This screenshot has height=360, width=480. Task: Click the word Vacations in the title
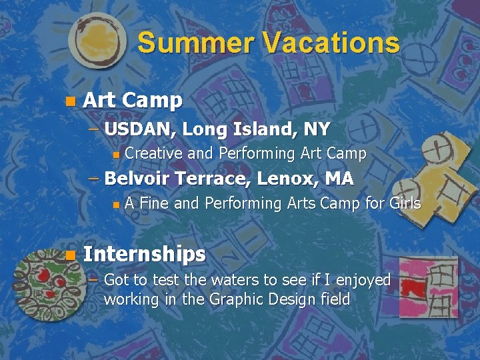coord(331,43)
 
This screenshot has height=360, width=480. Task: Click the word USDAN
coord(139,128)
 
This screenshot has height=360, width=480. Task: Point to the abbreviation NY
coord(316,128)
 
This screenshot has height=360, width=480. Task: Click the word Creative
coord(153,153)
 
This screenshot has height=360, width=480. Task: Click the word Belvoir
coord(138,179)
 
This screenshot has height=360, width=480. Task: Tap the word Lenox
coord(286,179)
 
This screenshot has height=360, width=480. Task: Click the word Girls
coord(405,203)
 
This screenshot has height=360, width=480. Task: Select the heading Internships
coord(144,254)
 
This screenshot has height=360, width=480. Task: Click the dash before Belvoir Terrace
coord(95,179)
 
